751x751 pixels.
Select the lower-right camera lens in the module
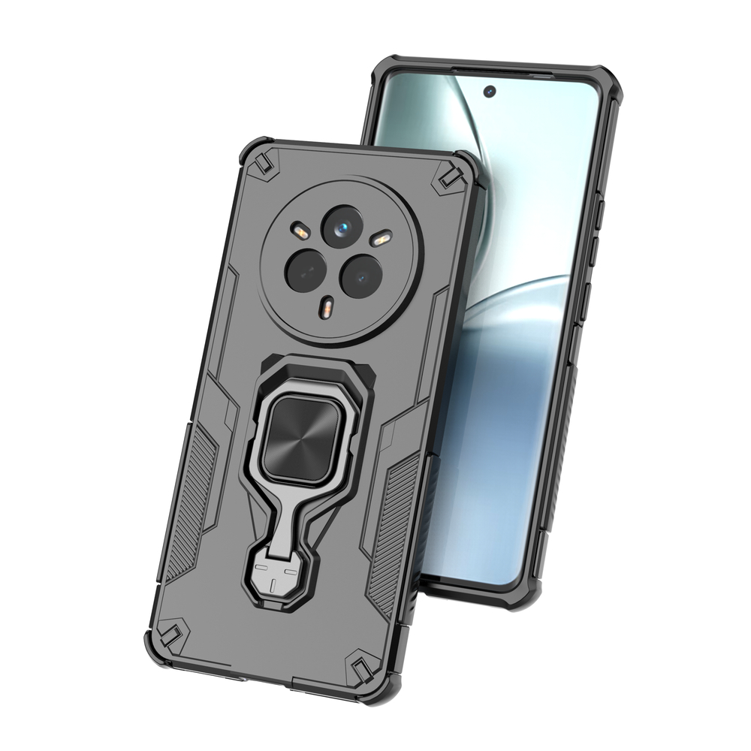point(361,276)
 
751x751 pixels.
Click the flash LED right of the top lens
point(382,240)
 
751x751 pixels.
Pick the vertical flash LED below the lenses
point(328,306)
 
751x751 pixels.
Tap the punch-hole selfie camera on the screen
point(490,92)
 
